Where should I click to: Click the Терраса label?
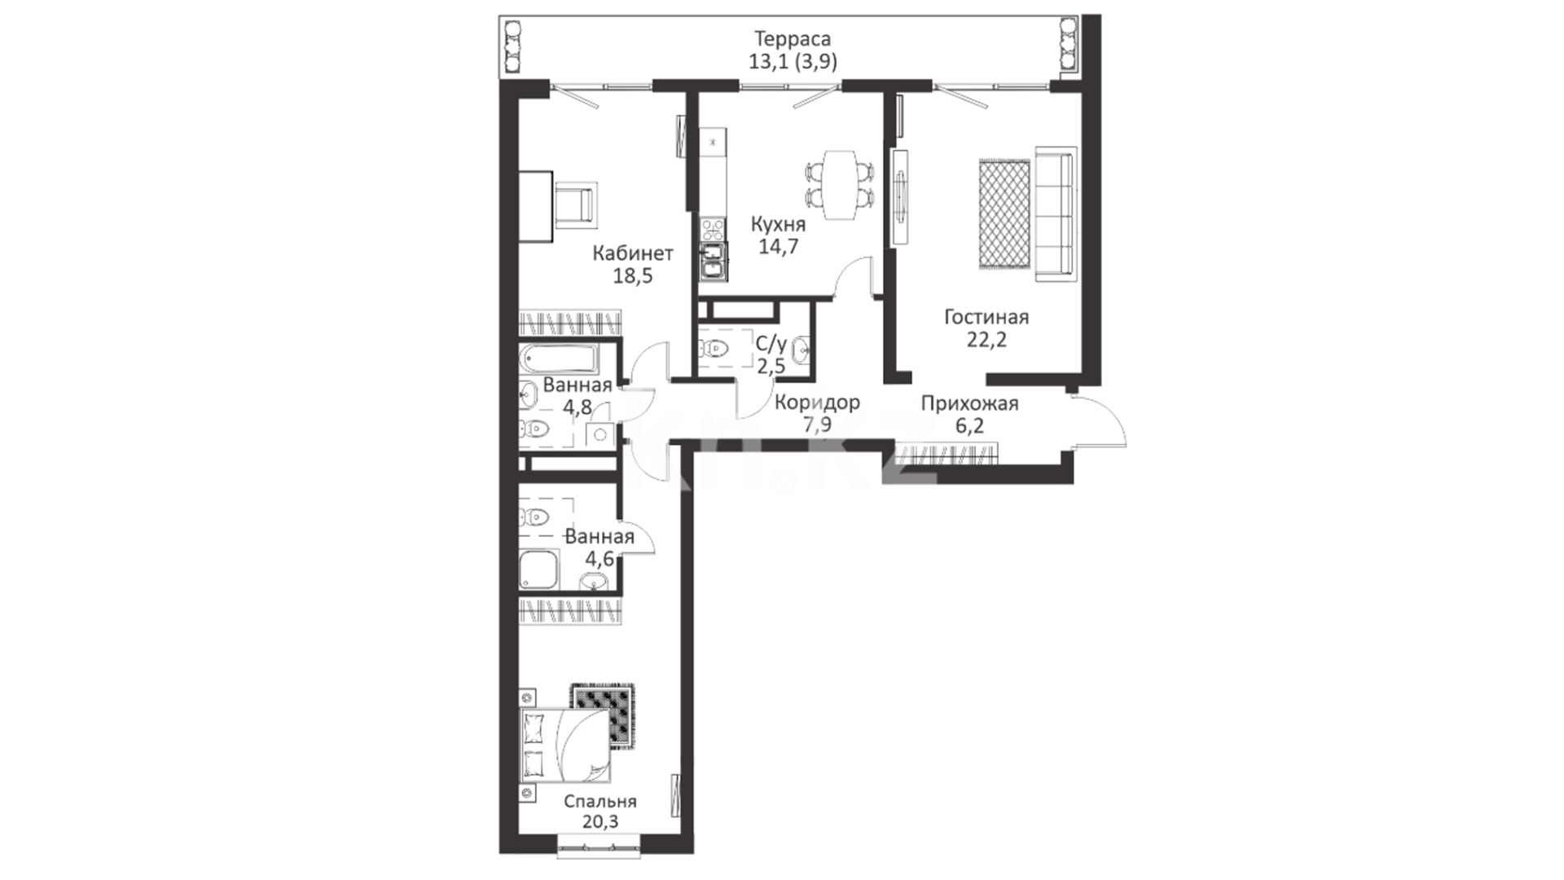(792, 39)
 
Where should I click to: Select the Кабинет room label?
(633, 253)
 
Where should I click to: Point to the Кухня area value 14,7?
(779, 246)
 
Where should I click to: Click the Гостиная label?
(986, 317)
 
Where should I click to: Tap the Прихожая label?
(969, 403)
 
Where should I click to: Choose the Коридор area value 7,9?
(817, 425)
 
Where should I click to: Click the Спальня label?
(600, 802)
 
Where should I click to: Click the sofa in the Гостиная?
(1056, 214)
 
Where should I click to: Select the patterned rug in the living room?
(1004, 213)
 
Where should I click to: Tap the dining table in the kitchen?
(839, 185)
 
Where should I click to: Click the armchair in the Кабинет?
(575, 205)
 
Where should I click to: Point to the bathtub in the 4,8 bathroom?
(560, 359)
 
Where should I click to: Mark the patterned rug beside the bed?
(603, 715)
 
